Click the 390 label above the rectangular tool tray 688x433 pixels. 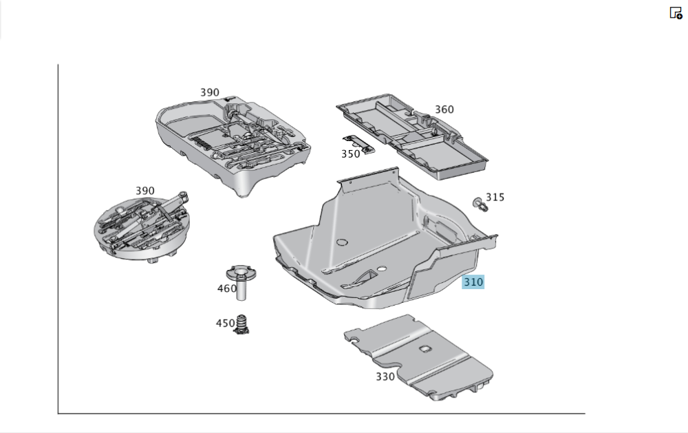coord(210,92)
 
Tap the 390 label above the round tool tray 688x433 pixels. coord(144,191)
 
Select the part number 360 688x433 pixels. coord(444,109)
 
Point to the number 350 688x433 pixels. coord(351,154)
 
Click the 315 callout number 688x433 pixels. coord(495,198)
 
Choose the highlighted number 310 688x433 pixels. coord(473,282)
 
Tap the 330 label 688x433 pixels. coord(385,377)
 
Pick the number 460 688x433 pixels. coord(227,288)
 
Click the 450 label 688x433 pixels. coord(226,323)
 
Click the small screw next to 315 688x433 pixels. coord(478,203)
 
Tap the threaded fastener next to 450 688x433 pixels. coord(242,324)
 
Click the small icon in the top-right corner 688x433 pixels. coord(676,12)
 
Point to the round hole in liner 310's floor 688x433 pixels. coord(341,242)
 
